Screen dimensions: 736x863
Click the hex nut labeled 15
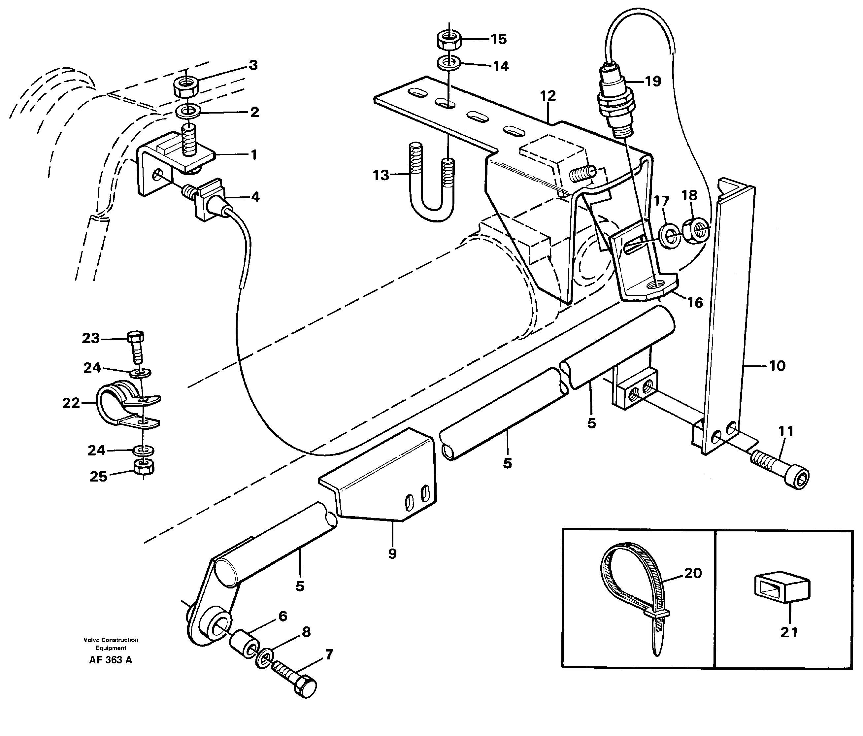448,40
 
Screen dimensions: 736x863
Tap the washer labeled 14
448,64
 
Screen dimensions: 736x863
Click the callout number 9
392,553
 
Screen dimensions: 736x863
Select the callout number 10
777,366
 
